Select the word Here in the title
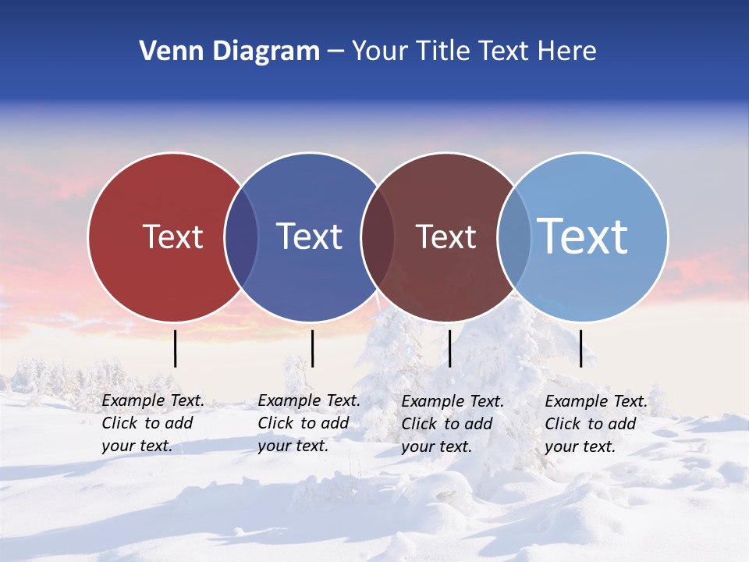point(567,52)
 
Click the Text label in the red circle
point(172,237)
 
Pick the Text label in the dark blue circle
point(309,237)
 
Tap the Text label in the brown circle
point(445,237)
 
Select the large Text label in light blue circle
point(582,237)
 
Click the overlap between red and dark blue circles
point(241,237)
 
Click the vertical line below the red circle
point(176,348)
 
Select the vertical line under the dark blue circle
point(312,348)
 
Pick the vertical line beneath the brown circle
point(450,348)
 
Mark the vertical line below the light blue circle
point(581,348)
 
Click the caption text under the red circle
point(153,423)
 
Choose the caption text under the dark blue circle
point(309,423)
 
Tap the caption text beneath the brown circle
point(453,424)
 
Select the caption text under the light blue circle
point(596,424)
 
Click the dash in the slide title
point(335,52)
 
